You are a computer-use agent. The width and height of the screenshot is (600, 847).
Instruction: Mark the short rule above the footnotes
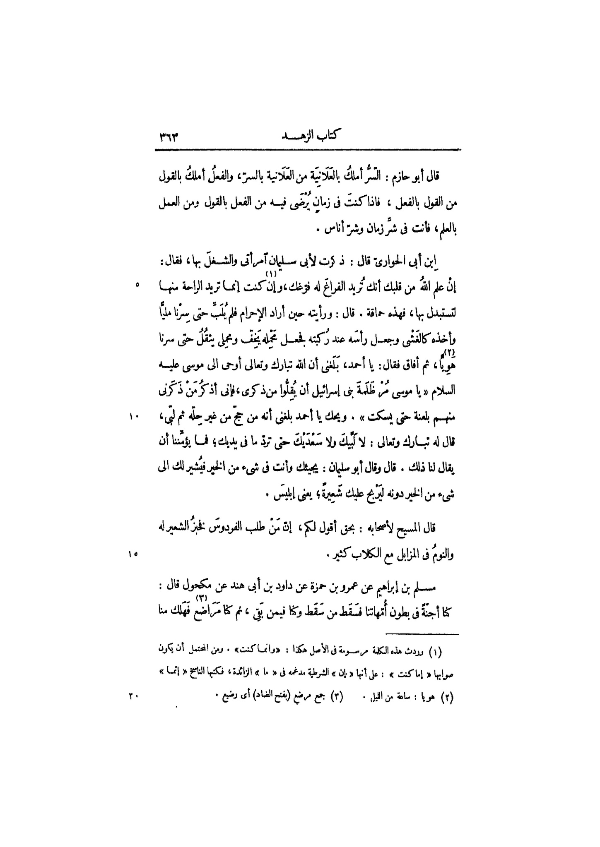pos(423,634)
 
